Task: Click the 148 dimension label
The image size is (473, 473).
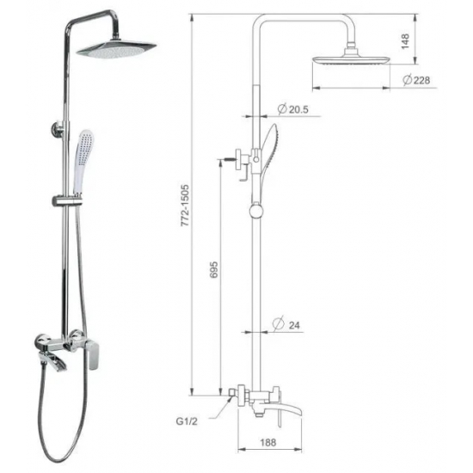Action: [405, 41]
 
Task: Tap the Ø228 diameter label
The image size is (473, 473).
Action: [416, 80]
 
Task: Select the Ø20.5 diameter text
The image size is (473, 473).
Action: [292, 109]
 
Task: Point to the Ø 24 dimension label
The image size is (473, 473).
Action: [286, 324]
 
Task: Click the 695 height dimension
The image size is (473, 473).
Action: [213, 270]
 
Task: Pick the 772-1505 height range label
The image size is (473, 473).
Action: [185, 206]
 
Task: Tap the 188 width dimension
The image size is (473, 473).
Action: [267, 442]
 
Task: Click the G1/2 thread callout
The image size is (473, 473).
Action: [187, 421]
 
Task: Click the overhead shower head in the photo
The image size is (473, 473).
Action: [116, 49]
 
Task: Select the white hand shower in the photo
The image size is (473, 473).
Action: [83, 162]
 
